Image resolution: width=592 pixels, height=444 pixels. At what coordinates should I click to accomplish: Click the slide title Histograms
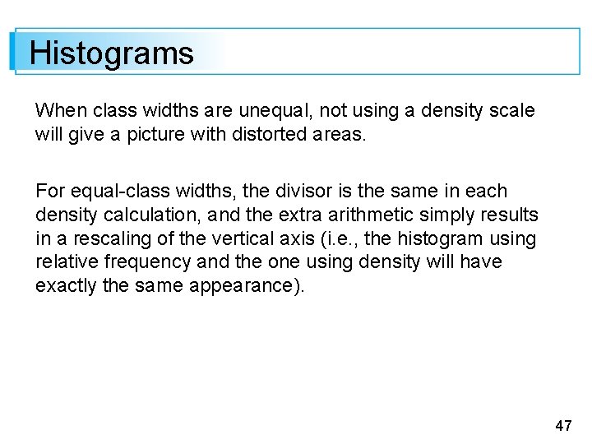click(x=112, y=53)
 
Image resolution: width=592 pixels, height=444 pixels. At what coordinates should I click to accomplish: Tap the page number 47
click(x=563, y=425)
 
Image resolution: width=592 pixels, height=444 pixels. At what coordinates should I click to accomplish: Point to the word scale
click(x=512, y=110)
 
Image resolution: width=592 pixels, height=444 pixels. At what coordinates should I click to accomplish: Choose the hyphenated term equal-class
click(x=114, y=192)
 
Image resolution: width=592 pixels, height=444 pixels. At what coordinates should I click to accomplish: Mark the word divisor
click(x=285, y=192)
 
